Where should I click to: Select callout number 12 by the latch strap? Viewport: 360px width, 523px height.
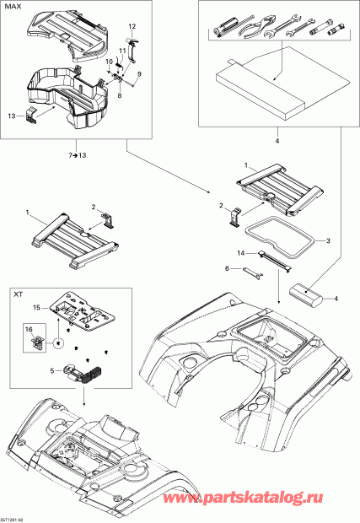pos(132,27)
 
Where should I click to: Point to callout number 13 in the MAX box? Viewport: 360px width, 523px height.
pos(11,114)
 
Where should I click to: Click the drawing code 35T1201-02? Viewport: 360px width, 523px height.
pos(13,518)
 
